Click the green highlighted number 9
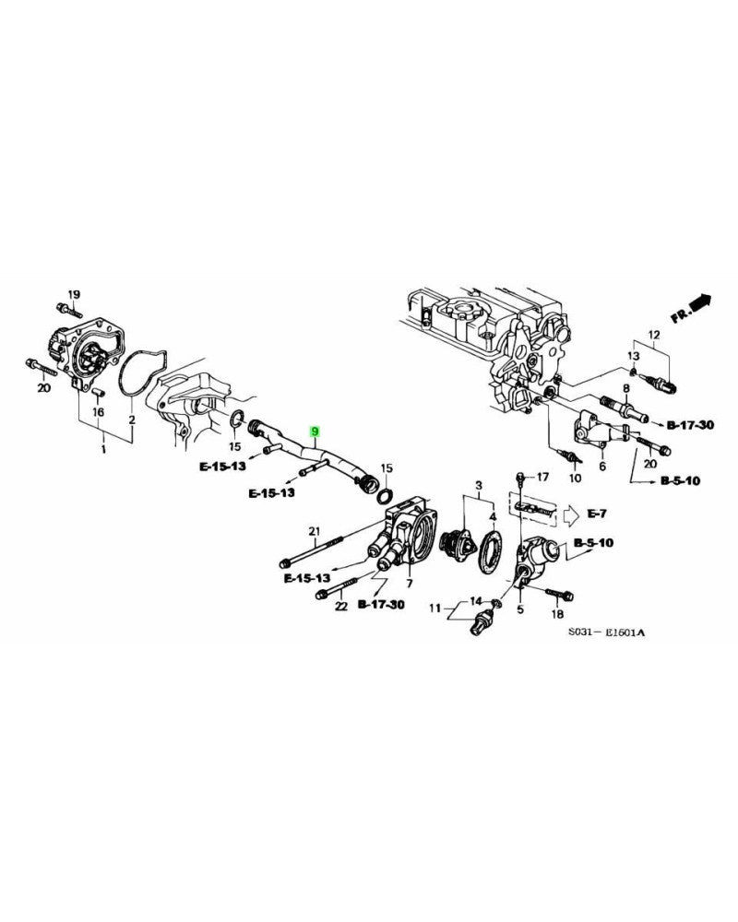pos(315,431)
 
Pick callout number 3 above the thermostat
pos(479,485)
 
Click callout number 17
pos(542,477)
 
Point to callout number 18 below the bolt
pos(556,613)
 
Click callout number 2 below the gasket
pos(132,420)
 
